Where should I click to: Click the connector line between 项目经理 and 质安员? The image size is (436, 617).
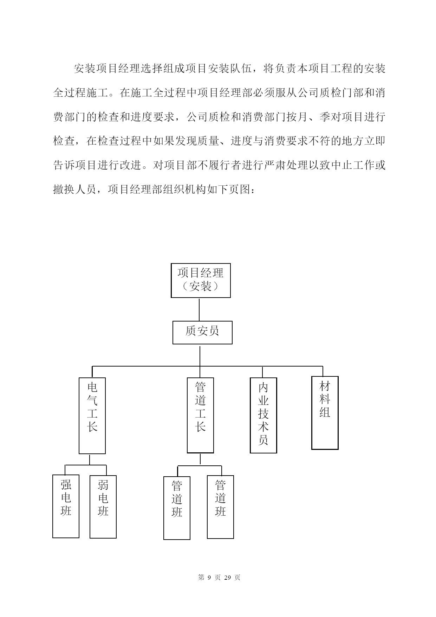pos(199,310)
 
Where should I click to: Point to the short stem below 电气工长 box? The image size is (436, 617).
pos(90,460)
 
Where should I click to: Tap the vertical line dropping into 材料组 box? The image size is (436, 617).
pos(323,371)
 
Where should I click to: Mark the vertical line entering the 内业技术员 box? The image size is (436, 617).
pos(262,372)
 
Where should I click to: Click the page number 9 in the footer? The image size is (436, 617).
pos(209,577)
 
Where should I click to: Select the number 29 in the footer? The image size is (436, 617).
pos(227,577)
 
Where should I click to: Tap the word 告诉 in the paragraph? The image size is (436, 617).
pos(64,165)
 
